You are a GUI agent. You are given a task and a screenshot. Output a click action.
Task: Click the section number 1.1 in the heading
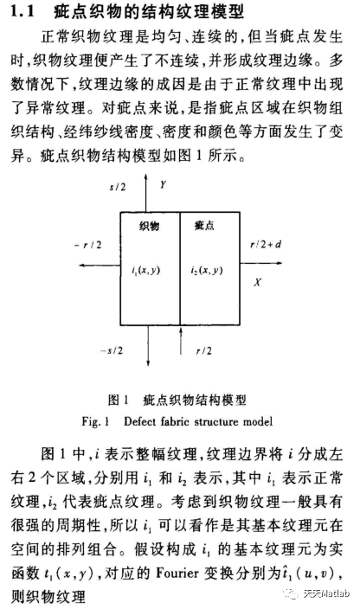pyautogui.click(x=22, y=11)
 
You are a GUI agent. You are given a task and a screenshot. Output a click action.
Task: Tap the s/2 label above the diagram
pyautogui.click(x=118, y=187)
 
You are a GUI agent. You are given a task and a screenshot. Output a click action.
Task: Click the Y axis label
pyautogui.click(x=163, y=185)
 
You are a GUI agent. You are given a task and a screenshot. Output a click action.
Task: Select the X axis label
pyautogui.click(x=257, y=282)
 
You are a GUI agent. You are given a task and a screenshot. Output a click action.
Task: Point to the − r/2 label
pyautogui.click(x=87, y=245)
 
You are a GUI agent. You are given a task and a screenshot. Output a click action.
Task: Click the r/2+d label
pyautogui.click(x=266, y=244)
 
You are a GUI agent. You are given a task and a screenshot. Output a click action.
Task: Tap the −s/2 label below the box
pyautogui.click(x=112, y=350)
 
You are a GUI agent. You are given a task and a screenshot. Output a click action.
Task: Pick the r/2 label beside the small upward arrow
pyautogui.click(x=204, y=350)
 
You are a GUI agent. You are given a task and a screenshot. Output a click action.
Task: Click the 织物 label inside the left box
pyautogui.click(x=149, y=226)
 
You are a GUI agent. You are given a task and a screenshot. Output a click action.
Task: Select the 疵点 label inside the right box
pyautogui.click(x=204, y=225)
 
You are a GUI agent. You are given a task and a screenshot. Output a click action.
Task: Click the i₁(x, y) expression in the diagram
pyautogui.click(x=145, y=271)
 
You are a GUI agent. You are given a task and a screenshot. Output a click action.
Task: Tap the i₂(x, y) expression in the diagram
pyautogui.click(x=206, y=270)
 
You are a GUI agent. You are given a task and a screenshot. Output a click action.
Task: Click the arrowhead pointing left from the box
pyautogui.click(x=81, y=265)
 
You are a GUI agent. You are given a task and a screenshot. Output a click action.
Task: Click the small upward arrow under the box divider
pyautogui.click(x=181, y=341)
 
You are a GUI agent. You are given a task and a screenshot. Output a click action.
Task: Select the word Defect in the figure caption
pyautogui.click(x=140, y=421)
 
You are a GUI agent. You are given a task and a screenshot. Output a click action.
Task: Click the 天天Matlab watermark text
pyautogui.click(x=326, y=593)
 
